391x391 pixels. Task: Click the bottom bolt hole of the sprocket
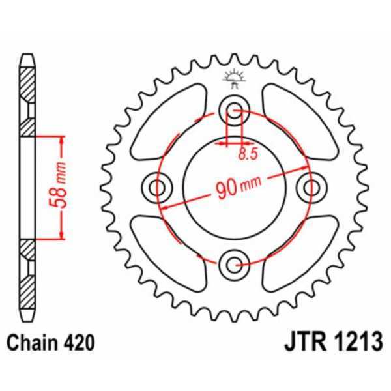[x=235, y=263]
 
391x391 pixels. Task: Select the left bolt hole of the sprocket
[x=157, y=188]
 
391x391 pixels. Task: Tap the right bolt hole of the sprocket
[x=310, y=188]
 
